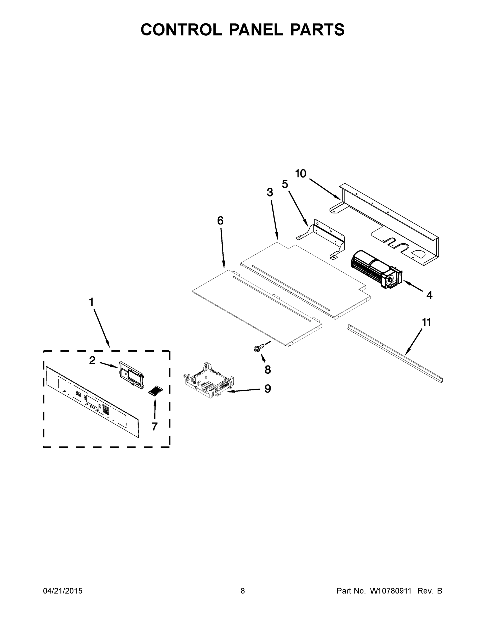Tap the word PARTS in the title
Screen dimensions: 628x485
317,30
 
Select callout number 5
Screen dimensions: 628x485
285,184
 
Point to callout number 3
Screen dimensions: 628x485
270,193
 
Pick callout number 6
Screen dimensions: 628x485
220,221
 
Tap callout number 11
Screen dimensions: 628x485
427,323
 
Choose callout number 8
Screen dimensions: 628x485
268,370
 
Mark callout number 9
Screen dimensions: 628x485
267,389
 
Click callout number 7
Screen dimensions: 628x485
155,427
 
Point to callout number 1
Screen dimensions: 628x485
91,302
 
